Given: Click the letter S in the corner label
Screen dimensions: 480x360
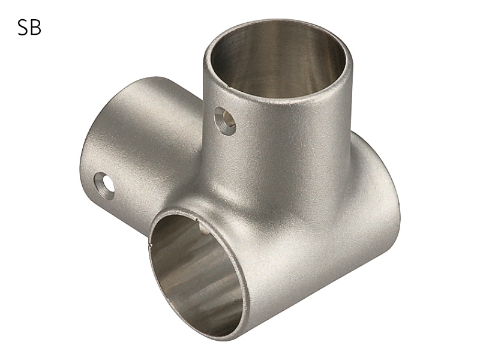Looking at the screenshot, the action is [x=23, y=28].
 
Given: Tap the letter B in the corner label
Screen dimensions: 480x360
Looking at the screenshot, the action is [x=36, y=28].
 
